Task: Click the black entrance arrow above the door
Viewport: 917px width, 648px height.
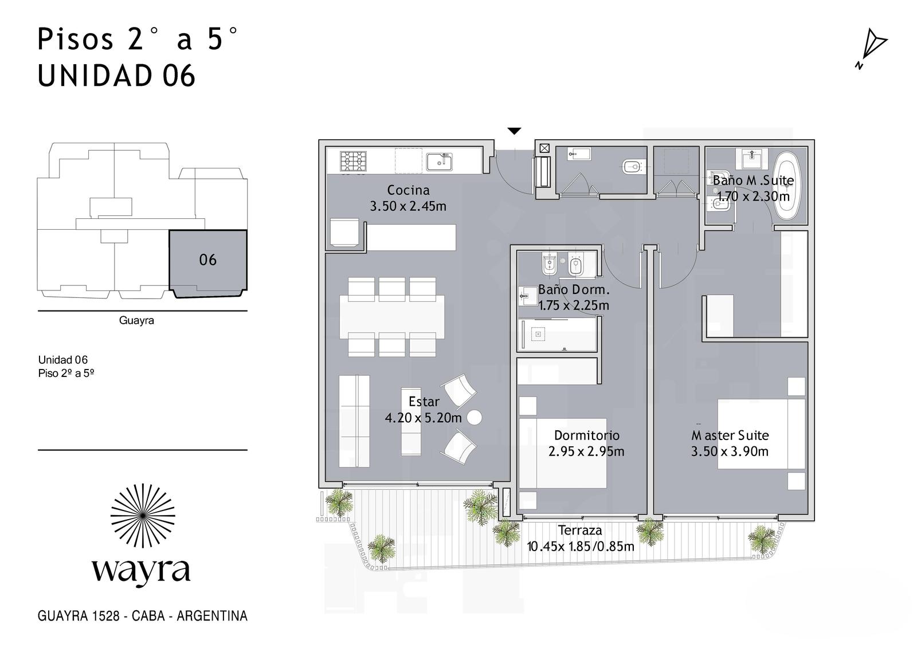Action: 514,131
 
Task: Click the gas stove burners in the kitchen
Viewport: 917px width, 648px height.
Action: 353,161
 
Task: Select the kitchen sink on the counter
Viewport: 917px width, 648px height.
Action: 439,162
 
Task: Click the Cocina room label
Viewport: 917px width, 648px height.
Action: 408,190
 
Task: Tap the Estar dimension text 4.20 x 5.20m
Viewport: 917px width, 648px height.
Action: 424,418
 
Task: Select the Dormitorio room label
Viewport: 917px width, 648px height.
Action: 587,435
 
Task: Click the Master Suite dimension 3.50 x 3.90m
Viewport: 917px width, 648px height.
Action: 730,451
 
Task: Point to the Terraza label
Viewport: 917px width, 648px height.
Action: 580,530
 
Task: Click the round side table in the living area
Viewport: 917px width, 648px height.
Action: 475,418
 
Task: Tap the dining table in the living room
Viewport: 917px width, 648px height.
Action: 392,317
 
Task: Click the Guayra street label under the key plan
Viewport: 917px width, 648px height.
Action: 136,320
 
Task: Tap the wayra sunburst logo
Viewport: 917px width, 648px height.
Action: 143,516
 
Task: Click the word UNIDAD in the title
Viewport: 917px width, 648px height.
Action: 95,76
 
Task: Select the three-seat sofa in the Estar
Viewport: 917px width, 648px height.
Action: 354,421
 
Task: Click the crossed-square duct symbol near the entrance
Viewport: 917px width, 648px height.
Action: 544,148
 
